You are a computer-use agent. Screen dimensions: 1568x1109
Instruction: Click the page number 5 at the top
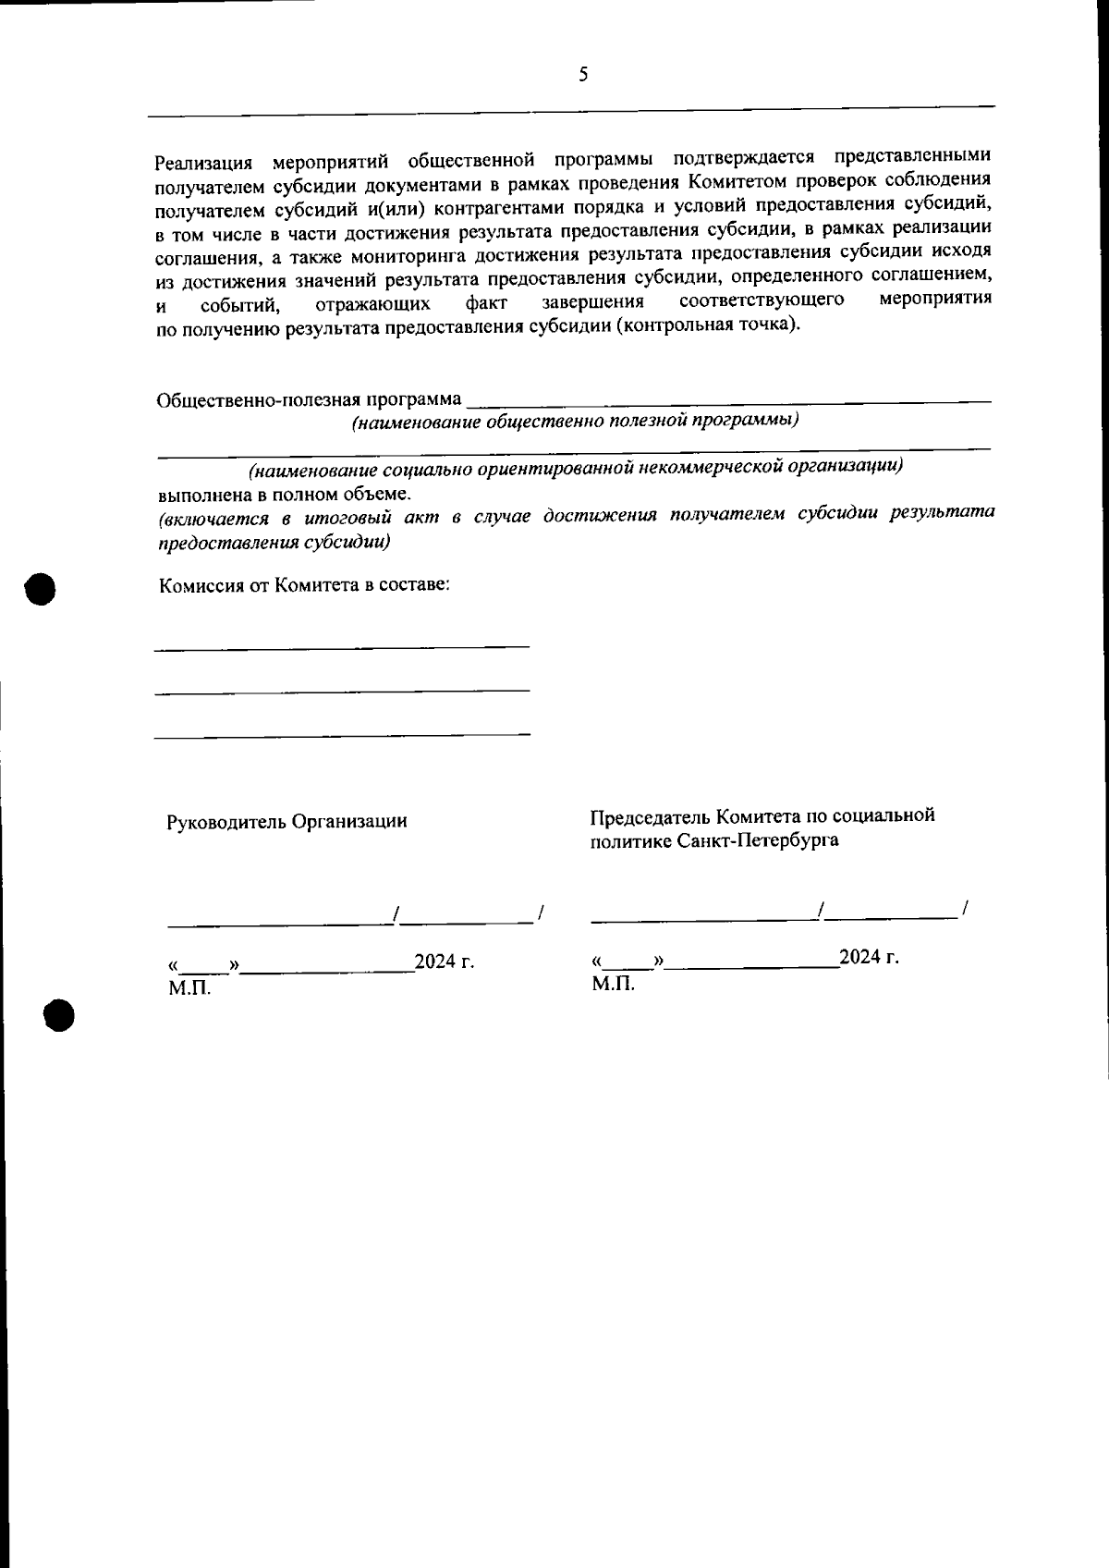(583, 76)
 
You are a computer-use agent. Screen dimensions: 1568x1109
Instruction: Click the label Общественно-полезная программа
(310, 400)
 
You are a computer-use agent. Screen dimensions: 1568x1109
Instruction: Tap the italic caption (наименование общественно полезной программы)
(574, 421)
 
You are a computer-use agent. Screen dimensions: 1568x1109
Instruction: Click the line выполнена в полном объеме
(283, 493)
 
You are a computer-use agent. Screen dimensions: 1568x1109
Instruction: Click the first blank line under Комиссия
(342, 646)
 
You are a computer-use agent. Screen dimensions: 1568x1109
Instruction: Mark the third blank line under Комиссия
(342, 735)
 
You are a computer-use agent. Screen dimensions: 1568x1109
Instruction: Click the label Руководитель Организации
(286, 821)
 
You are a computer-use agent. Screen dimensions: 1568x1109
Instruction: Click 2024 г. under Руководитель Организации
(445, 962)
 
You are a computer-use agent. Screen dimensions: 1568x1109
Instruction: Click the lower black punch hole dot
(58, 1014)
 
